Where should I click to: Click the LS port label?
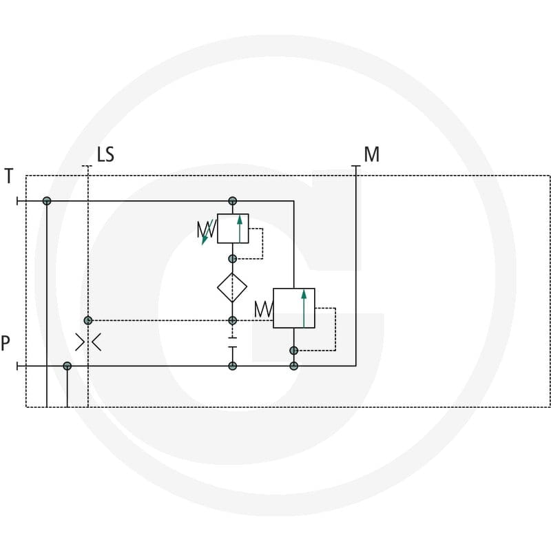(x=105, y=154)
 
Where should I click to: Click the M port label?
(x=372, y=154)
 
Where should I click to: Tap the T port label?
(x=9, y=176)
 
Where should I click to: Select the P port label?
(x=6, y=343)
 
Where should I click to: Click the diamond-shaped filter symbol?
(x=232, y=287)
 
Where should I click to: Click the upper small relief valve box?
(x=233, y=229)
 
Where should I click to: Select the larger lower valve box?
(x=294, y=308)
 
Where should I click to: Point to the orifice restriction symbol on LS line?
(x=88, y=342)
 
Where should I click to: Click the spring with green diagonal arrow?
(x=206, y=231)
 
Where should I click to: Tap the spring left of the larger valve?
(x=264, y=309)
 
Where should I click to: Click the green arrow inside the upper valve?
(x=240, y=229)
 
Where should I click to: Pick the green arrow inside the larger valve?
(x=304, y=309)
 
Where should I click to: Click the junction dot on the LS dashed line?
(x=88, y=320)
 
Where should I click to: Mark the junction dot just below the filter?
(x=232, y=320)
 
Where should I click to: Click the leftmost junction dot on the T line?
(x=47, y=201)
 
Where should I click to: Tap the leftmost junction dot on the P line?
(x=67, y=366)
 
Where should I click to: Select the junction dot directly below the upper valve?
(x=232, y=259)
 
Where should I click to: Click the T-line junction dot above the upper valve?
(x=232, y=201)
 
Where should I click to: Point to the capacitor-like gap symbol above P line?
(x=232, y=342)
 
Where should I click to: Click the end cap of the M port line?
(x=356, y=166)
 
